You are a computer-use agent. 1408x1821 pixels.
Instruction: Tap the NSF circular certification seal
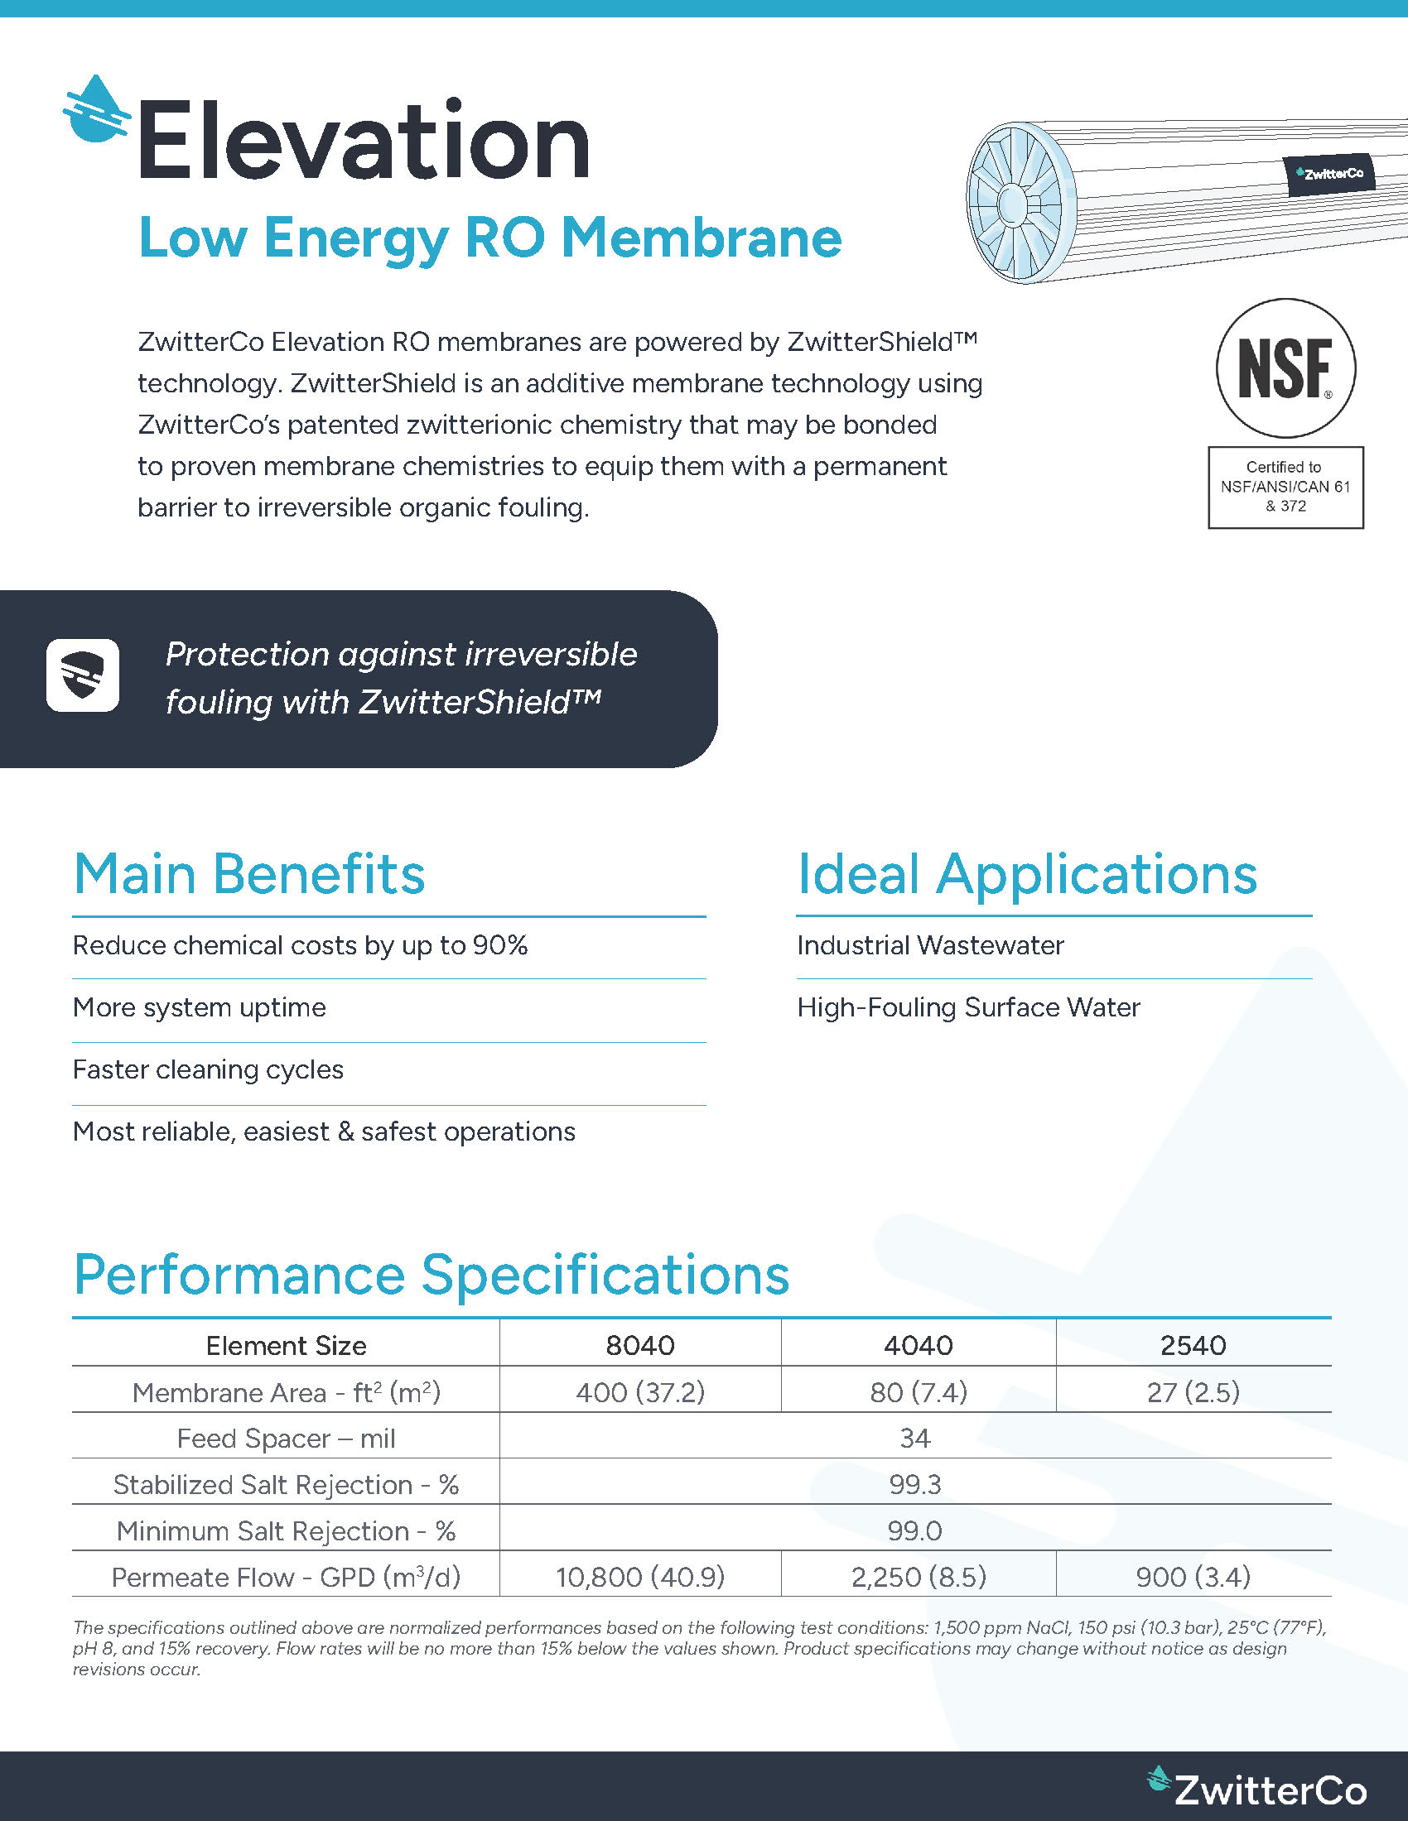1285,368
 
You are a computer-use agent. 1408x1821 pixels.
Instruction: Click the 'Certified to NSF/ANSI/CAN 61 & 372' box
1285,487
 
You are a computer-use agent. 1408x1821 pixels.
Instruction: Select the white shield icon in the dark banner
83,675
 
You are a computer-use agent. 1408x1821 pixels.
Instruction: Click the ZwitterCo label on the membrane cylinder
1329,175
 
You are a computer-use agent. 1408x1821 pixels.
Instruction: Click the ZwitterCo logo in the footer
1258,1788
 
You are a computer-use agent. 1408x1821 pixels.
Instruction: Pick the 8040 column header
639,1345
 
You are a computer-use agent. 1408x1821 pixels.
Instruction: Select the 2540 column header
1193,1345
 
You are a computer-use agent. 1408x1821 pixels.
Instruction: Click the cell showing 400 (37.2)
639,1391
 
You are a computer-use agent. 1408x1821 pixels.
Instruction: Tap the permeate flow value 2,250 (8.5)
919,1577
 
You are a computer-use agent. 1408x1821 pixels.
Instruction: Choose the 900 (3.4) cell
1193,1577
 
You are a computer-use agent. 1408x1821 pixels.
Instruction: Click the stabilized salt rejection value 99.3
915,1484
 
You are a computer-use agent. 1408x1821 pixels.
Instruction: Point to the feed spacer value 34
915,1438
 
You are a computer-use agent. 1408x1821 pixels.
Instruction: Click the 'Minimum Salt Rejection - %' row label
286,1530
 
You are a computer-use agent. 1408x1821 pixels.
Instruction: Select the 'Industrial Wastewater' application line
930,945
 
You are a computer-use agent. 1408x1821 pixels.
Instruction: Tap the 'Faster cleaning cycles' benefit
208,1069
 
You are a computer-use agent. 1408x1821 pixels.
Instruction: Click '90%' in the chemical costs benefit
499,945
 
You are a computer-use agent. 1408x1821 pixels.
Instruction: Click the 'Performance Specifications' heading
432,1275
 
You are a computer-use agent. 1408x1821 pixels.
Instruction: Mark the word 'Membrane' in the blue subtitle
702,238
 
